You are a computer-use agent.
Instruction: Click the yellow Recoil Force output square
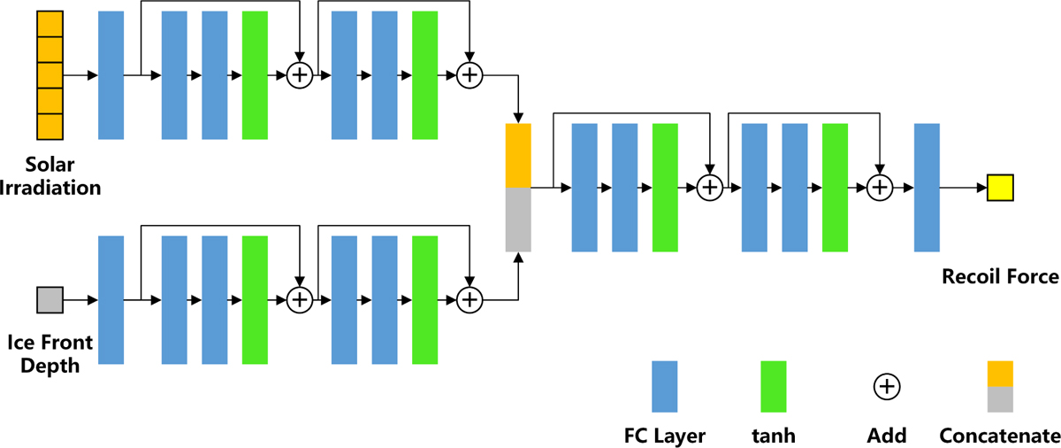tap(1000, 188)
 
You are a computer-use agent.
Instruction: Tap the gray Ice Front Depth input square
tap(50, 300)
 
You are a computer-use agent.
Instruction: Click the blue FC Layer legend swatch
tap(665, 386)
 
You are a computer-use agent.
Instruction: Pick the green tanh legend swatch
tap(774, 386)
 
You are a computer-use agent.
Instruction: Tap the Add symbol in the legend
tap(886, 386)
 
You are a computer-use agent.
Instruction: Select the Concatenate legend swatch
tap(1000, 386)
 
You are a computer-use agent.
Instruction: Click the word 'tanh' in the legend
tap(774, 435)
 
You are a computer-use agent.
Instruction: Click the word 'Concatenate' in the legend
tap(1000, 435)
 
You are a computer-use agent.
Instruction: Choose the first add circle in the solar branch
tap(300, 75)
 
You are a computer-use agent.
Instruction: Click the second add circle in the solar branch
tap(469, 75)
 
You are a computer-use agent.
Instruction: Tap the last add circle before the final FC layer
tap(879, 188)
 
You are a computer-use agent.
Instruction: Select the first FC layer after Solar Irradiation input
tap(111, 75)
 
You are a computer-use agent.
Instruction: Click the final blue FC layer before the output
tap(926, 188)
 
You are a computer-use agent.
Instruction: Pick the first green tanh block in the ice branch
tap(255, 300)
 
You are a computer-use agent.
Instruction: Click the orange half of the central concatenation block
tap(518, 155)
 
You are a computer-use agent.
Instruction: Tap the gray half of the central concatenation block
tap(518, 219)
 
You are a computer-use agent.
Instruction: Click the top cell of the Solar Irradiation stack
tap(50, 24)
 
